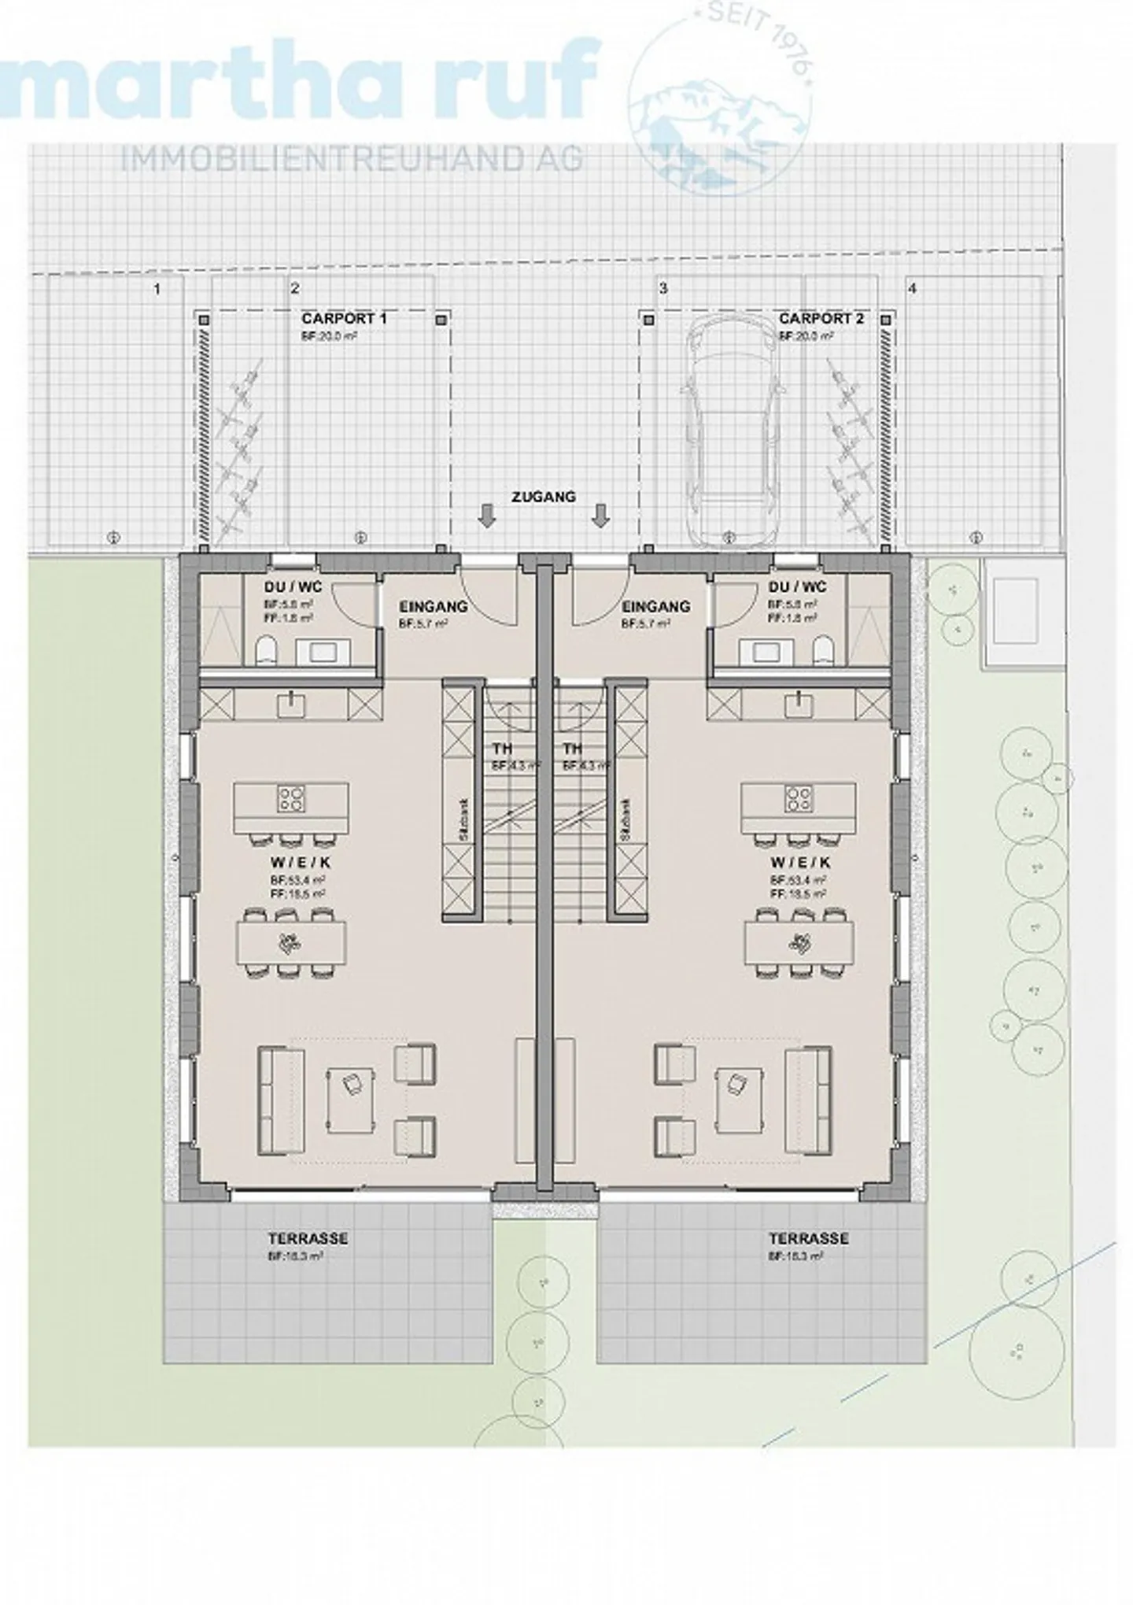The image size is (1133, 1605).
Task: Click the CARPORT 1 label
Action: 344,319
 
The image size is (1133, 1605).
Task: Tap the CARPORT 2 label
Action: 821,319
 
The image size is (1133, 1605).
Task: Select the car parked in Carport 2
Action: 727,435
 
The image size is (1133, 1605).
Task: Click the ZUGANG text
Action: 544,497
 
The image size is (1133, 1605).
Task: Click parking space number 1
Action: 157,289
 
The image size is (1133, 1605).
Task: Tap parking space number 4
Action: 913,289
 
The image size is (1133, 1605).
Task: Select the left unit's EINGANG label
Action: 433,607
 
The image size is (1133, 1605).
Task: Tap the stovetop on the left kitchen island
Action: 290,799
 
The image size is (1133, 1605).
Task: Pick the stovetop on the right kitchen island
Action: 799,799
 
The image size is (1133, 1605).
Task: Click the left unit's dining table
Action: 291,942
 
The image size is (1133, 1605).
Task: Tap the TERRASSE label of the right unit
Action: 808,1238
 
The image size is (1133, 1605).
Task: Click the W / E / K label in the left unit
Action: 292,863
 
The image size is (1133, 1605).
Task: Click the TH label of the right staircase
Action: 572,749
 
